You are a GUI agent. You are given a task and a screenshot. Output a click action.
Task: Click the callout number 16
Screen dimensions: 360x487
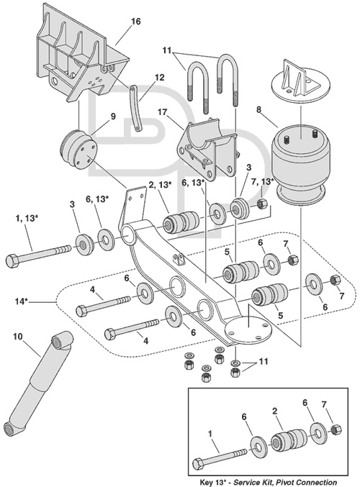point(136,22)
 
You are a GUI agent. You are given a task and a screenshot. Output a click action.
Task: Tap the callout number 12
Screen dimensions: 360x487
point(160,78)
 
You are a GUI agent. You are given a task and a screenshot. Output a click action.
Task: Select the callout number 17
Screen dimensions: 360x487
point(162,111)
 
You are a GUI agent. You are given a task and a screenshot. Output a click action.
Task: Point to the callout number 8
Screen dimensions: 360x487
point(258,109)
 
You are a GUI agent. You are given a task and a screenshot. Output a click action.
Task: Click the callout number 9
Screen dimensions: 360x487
point(113,117)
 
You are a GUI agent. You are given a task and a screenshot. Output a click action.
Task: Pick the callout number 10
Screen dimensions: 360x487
point(18,337)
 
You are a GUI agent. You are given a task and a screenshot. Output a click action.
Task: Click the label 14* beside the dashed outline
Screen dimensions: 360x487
point(22,301)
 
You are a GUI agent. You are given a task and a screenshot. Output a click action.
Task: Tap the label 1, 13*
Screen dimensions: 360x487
point(27,219)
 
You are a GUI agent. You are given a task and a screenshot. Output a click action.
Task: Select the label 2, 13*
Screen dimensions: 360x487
point(160,185)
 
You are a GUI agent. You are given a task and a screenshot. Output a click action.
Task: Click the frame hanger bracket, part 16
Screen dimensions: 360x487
point(83,56)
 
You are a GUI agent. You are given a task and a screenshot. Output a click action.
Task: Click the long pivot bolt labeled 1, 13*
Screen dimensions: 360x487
point(39,255)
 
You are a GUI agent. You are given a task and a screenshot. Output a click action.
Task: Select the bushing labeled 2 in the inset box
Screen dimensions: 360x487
point(289,440)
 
